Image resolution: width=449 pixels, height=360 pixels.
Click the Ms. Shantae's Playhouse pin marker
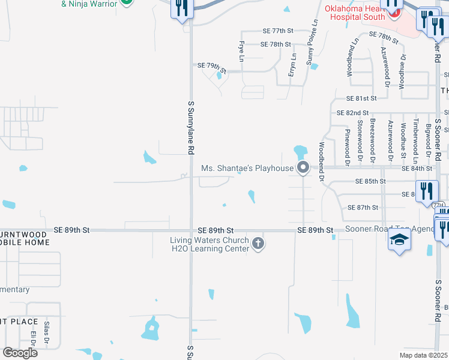pos(303,168)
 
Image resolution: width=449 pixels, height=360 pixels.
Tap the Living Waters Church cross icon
pos(258,243)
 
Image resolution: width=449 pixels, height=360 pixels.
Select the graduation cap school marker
pos(400,240)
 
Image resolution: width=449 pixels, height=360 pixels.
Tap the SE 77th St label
pos(277,31)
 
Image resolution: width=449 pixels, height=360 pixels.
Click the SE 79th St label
pos(212,65)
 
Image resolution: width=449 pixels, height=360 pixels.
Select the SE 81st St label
pos(361,98)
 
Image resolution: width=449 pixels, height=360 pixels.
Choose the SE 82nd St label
pos(352,113)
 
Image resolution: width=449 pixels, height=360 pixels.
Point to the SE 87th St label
pos(363,208)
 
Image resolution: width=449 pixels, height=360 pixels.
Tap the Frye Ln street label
pos(241,52)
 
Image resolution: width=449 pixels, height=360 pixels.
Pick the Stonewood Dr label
pos(360,142)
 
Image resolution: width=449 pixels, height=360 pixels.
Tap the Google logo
pos(20,353)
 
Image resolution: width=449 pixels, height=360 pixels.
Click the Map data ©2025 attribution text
pos(423,355)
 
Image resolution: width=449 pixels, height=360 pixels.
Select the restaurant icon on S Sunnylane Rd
pos(182,8)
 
